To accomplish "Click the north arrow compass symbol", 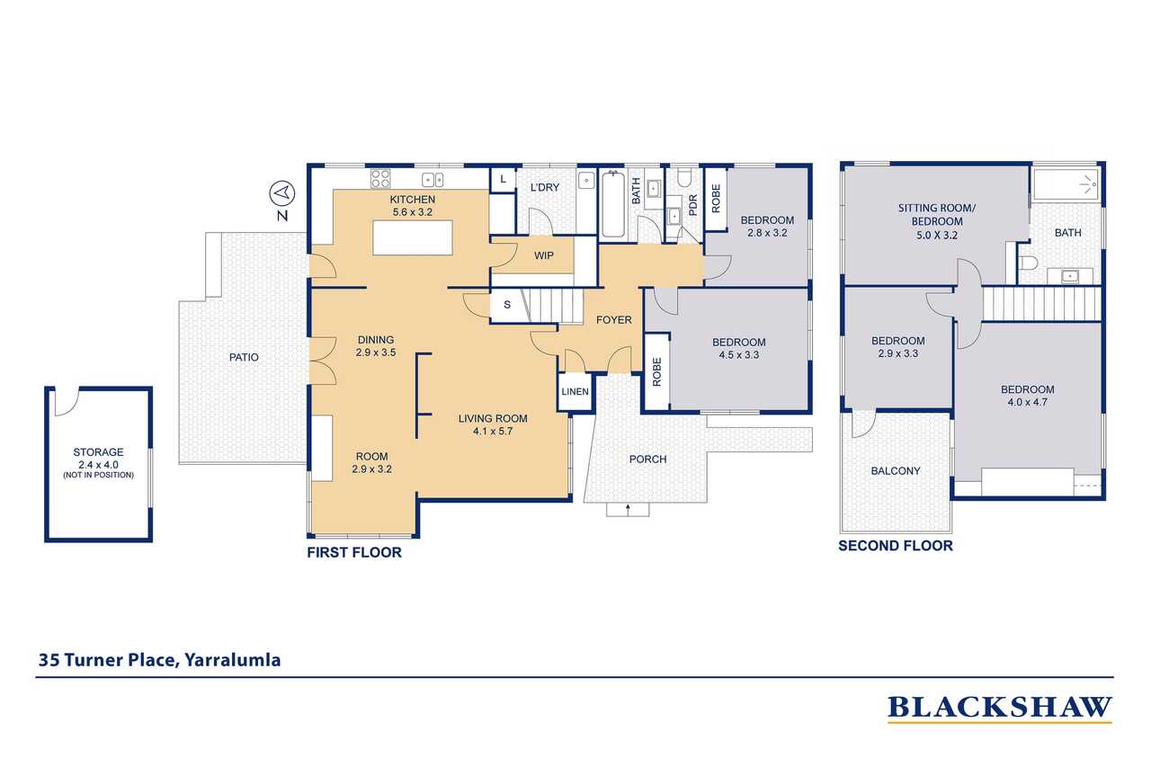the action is [x=282, y=193].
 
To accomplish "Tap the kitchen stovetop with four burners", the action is [x=380, y=179].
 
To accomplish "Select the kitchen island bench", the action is [x=413, y=237].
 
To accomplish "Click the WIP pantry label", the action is [x=544, y=255].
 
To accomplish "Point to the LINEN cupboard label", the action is [x=575, y=391].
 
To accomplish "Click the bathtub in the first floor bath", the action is [x=613, y=204].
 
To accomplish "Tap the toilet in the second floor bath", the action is [x=1028, y=263].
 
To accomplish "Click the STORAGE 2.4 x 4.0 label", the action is [x=98, y=459].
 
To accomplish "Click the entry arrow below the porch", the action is [x=628, y=510].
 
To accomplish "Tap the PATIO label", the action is [x=244, y=357].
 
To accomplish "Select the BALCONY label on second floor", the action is [x=895, y=470].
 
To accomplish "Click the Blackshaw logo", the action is [x=1000, y=709].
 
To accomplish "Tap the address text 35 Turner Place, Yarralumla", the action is [x=160, y=660].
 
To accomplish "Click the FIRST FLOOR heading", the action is [x=354, y=552].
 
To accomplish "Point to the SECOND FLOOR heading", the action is [x=896, y=546].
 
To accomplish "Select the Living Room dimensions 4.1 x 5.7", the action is [x=493, y=431].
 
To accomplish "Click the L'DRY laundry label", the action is [x=545, y=187].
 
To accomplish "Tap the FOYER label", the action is [x=613, y=320].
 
